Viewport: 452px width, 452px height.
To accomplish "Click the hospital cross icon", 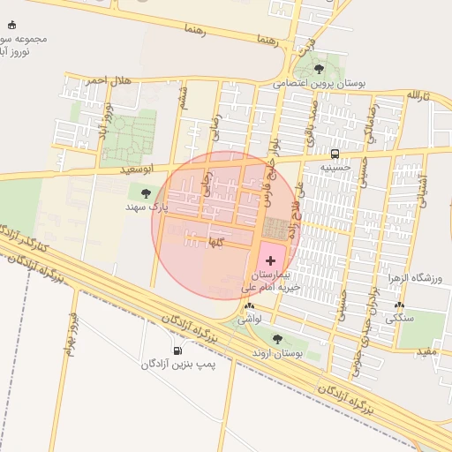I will [x=270, y=260].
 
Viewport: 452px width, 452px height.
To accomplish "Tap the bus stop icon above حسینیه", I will [x=334, y=153].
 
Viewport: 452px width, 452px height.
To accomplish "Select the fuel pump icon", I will [x=179, y=350].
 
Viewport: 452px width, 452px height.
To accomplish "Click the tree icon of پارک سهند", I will [x=146, y=193].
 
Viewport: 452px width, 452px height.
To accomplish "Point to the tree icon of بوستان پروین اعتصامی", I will [x=319, y=69].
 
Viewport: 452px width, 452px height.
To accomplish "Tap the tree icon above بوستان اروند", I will [x=277, y=339].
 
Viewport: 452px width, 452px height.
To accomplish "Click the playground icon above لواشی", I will [x=248, y=306].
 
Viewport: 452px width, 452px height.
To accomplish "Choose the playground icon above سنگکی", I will [x=399, y=305].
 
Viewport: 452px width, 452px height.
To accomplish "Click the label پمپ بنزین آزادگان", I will [x=179, y=364].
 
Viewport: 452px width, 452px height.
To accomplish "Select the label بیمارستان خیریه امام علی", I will [x=270, y=282].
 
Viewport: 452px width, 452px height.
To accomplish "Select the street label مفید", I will [x=427, y=351].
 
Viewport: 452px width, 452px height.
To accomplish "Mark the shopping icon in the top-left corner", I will [x=11, y=25].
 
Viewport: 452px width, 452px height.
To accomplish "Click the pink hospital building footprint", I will [x=272, y=256].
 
